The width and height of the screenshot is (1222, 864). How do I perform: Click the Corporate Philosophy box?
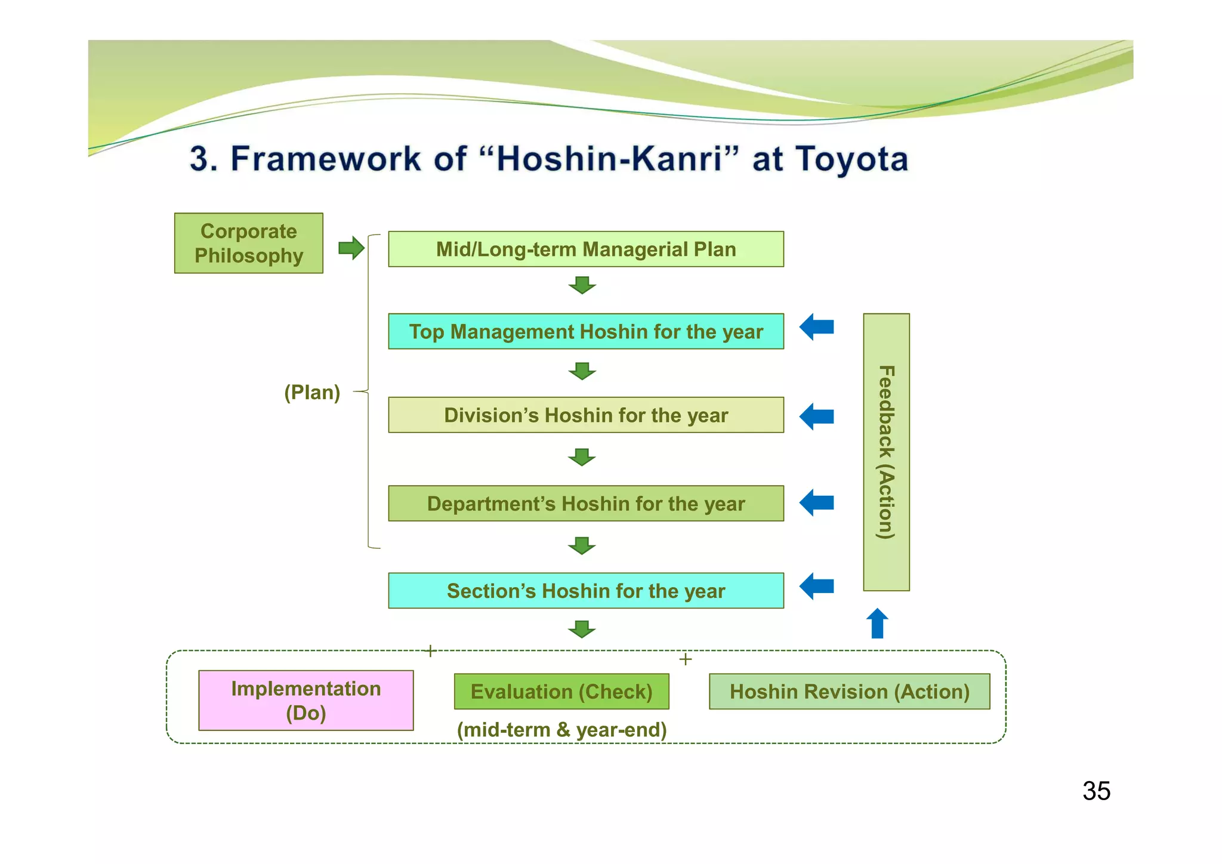[248, 243]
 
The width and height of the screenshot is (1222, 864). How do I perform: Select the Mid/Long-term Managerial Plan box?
[585, 249]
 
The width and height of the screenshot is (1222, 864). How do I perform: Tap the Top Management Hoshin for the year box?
[585, 331]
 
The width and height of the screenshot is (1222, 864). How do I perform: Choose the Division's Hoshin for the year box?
[585, 415]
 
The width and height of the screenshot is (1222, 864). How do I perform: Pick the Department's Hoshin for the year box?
[585, 504]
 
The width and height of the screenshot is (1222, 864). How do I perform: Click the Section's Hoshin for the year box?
[585, 591]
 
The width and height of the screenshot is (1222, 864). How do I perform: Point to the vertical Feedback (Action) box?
[886, 452]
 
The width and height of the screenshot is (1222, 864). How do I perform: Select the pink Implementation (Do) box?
[305, 701]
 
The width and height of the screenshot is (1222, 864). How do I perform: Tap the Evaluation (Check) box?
[561, 692]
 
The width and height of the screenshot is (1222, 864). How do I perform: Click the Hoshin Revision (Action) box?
[849, 692]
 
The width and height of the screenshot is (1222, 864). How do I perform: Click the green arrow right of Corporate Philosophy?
[351, 248]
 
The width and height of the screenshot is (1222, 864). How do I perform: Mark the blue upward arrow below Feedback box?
[877, 624]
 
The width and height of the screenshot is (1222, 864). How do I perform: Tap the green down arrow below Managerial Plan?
[582, 285]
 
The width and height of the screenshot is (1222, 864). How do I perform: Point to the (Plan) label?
[311, 392]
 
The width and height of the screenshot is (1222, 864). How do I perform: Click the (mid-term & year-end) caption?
[561, 730]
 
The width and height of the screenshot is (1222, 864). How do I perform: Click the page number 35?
[1096, 791]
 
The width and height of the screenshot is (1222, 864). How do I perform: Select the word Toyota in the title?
[851, 159]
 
